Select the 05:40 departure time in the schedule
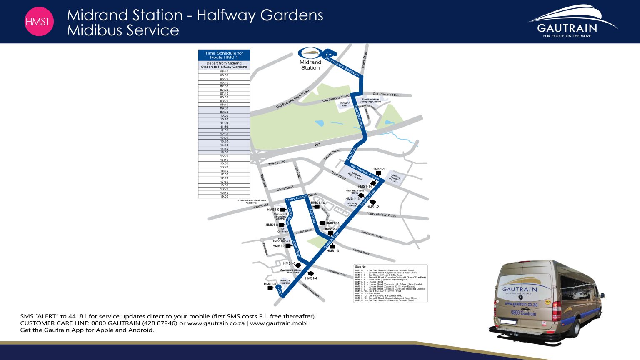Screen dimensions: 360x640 (x=224, y=72)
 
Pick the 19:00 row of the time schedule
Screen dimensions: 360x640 (x=224, y=196)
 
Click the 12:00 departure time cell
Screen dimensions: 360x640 (x=224, y=130)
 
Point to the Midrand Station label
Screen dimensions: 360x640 (x=310, y=65)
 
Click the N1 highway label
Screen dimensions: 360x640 (x=317, y=144)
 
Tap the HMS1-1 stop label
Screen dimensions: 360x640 (x=378, y=169)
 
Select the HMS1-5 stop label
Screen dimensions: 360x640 (x=270, y=284)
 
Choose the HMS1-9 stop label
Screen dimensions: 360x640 (x=273, y=210)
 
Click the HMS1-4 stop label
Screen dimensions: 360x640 (x=311, y=278)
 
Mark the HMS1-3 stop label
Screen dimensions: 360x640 (x=332, y=251)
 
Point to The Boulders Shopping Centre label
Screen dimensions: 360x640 (x=370, y=101)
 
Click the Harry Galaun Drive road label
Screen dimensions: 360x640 (x=301, y=197)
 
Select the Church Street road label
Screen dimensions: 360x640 (x=364, y=60)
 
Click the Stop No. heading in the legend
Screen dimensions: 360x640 (x=361, y=267)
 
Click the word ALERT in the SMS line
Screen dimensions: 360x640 (x=47, y=316)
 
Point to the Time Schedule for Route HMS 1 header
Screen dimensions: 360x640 (x=224, y=55)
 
